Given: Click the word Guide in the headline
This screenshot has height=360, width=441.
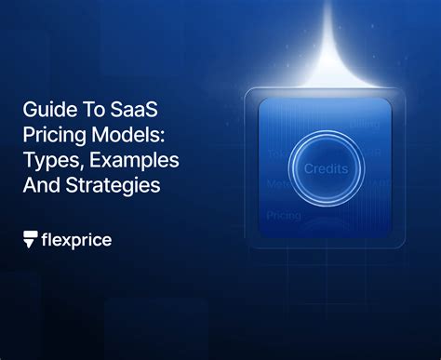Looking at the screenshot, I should [x=45, y=111].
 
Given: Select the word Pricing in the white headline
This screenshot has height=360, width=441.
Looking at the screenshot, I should [x=50, y=136].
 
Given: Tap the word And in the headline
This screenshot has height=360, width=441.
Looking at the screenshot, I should [x=40, y=184].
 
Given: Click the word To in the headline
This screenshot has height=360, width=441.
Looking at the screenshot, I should [x=84, y=111].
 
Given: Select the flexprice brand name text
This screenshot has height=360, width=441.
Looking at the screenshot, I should [x=76, y=240].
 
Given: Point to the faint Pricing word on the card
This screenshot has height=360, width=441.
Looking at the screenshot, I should [x=283, y=216].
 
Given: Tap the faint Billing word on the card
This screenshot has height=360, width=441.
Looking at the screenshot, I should [x=366, y=122].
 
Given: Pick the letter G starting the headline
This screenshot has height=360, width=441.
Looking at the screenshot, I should [x=31, y=111].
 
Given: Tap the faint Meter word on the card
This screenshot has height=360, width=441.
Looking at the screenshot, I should [x=277, y=184].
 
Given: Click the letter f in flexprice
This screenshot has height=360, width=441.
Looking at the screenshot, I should [x=47, y=239].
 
